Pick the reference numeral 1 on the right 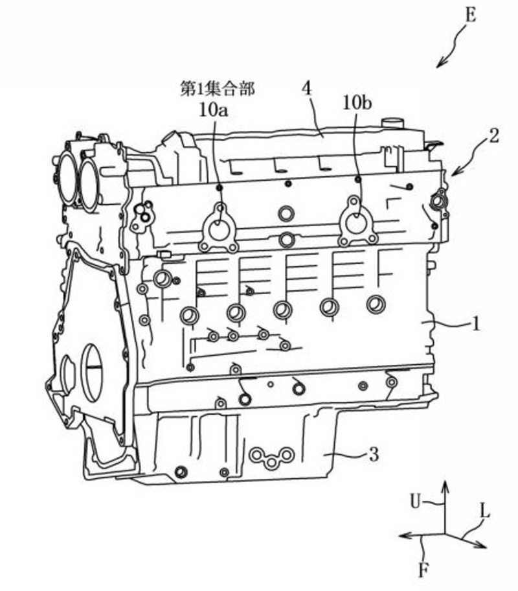click(476, 323)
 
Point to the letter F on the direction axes click(422, 571)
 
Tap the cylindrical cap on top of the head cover click(391, 123)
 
